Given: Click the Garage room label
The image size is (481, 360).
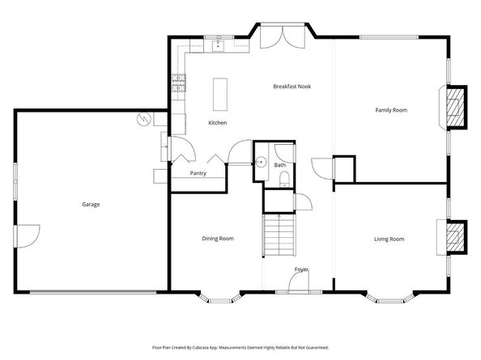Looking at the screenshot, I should coord(91,205).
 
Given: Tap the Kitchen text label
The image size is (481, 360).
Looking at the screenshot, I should coord(217,123).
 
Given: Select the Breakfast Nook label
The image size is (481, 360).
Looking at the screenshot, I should coord(292,87).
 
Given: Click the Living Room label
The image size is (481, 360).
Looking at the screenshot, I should coord(389,239).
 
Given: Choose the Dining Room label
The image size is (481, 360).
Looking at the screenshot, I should coord(218,239).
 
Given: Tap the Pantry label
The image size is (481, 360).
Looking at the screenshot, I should coord(198,173).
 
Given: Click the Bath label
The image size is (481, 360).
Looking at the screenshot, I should coord(279,165).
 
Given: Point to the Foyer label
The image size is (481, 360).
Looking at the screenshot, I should coord(301,269).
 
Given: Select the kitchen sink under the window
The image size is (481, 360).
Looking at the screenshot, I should coord(218,47).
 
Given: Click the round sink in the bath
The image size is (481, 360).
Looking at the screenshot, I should coord(261,162).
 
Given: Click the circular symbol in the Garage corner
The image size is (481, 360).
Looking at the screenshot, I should coord(143,119).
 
